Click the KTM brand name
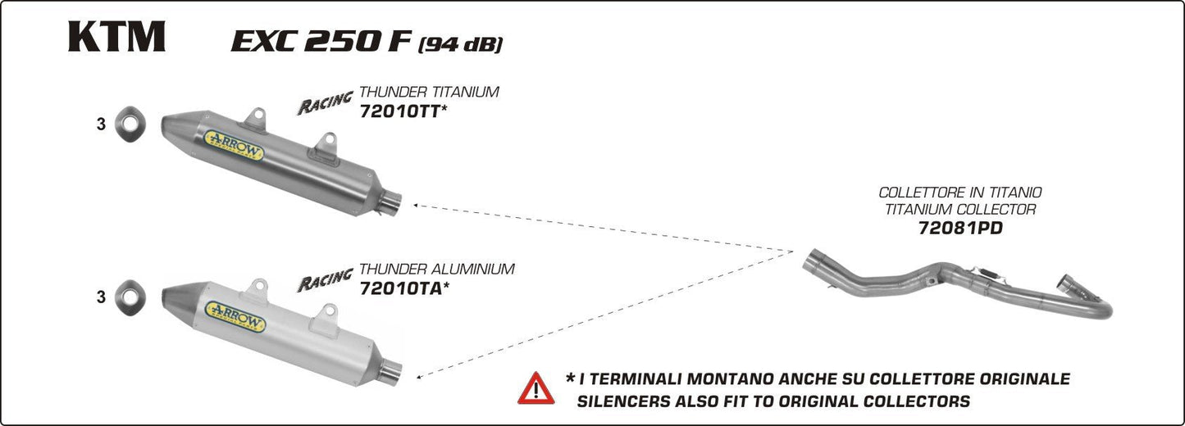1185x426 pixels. pos(116,37)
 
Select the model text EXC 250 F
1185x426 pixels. pos(321,42)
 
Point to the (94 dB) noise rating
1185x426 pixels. pos(460,44)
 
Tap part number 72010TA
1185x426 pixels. pos(400,288)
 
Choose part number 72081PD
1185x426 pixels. pos(960,229)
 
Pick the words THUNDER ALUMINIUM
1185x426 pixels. pos(437,269)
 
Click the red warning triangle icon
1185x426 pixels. pos(536,387)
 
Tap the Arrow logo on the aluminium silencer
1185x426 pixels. pos(236,316)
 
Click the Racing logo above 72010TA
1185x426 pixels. pos(325,280)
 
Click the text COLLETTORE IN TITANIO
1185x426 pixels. pos(960,193)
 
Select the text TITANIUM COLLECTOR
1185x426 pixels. pos(960,210)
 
